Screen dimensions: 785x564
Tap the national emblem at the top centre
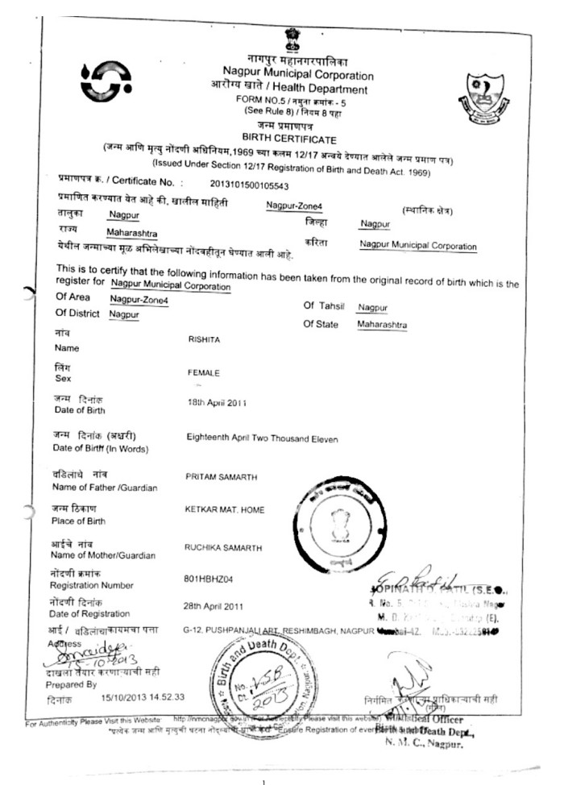(x=290, y=38)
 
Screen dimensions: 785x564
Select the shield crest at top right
(x=485, y=94)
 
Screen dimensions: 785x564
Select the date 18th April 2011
(x=217, y=401)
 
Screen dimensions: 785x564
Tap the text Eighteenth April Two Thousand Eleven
(x=263, y=439)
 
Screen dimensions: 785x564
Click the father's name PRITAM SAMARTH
(x=222, y=478)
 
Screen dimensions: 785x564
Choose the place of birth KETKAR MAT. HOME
(x=224, y=510)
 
